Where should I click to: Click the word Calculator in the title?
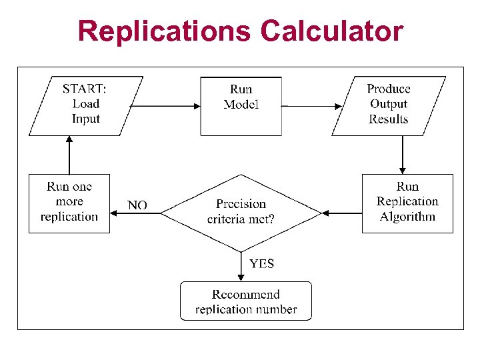(x=331, y=31)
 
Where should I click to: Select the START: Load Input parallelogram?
(x=86, y=105)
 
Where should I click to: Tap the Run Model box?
(x=241, y=105)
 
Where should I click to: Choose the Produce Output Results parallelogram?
(x=389, y=105)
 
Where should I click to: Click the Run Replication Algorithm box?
(x=407, y=203)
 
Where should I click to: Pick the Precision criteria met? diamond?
(x=241, y=212)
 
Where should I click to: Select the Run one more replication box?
(x=69, y=203)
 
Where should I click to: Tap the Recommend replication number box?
(x=245, y=301)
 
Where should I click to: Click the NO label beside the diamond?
(x=137, y=205)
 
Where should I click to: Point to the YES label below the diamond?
(x=261, y=264)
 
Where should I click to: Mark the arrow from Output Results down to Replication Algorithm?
(x=402, y=155)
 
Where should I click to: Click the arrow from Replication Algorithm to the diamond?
(x=341, y=213)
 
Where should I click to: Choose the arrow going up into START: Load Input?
(x=69, y=155)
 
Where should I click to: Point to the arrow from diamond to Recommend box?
(x=241, y=267)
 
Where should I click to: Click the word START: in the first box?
(x=84, y=89)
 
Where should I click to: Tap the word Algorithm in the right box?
(x=407, y=217)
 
